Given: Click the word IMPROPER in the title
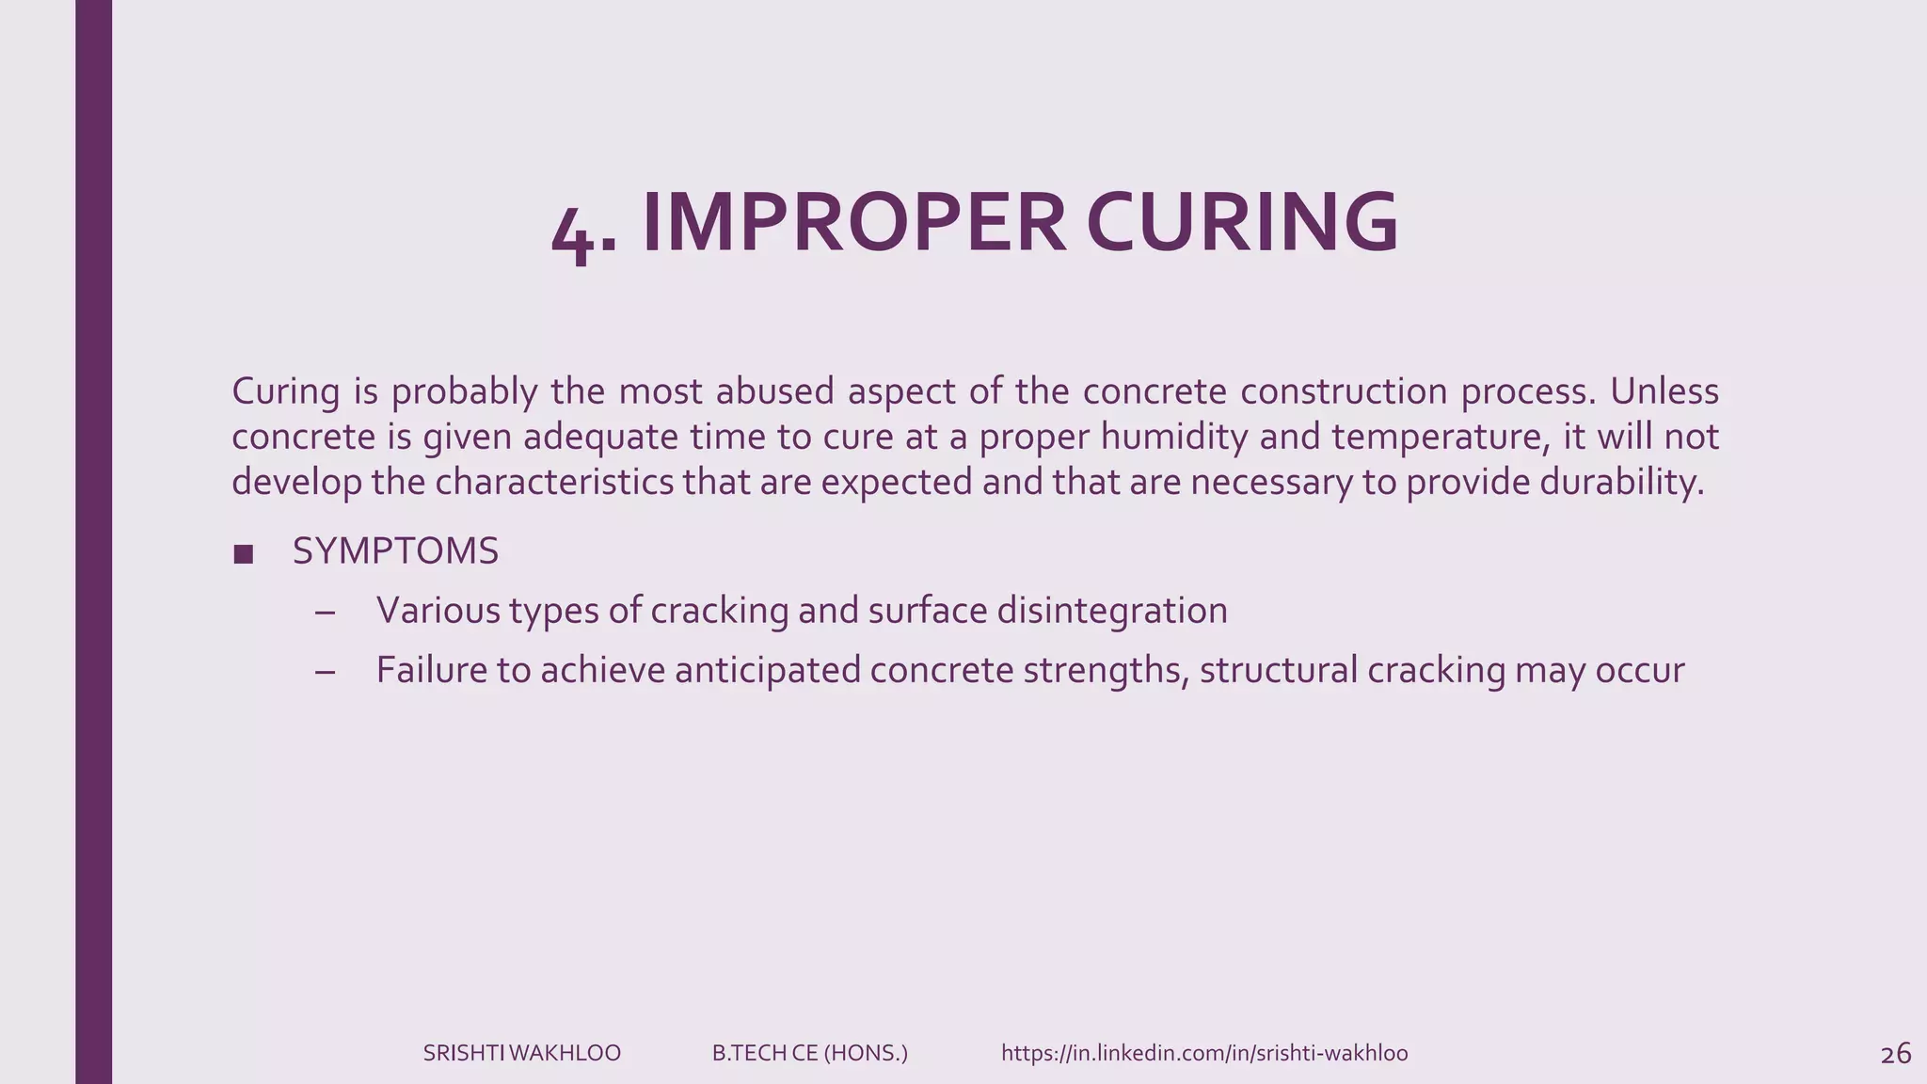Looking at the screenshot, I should [853, 223].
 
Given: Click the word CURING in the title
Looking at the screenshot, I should [1242, 223].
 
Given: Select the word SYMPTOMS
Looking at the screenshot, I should [395, 551].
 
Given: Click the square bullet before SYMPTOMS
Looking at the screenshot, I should [243, 554].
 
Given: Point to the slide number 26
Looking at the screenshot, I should [1895, 1054].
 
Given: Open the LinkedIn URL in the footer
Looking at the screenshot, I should [1204, 1053].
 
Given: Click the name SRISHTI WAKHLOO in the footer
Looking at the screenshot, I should [521, 1053].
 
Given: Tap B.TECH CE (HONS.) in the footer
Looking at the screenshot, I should [809, 1053].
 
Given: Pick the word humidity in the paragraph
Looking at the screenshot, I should [1173, 437].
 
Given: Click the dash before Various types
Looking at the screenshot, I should [326, 613].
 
